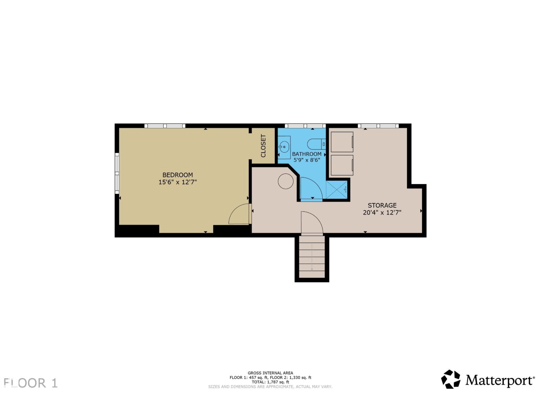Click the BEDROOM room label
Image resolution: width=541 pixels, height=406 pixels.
click(178, 175)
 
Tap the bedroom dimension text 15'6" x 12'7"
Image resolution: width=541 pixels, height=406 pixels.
click(178, 182)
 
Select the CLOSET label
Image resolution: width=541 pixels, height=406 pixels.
click(263, 146)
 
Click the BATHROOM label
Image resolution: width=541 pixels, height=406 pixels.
click(307, 154)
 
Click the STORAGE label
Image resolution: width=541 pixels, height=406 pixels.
click(382, 205)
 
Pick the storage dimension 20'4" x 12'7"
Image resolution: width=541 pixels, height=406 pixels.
click(382, 212)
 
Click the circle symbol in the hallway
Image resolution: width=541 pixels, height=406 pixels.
click(286, 181)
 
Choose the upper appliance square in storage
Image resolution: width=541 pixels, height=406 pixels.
click(342, 142)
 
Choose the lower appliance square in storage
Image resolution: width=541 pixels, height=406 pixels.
click(342, 165)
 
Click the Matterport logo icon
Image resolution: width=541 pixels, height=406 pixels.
click(451, 379)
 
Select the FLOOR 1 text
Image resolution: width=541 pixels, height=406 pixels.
click(30, 383)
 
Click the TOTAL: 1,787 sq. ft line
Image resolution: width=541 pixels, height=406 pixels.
click(270, 382)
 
